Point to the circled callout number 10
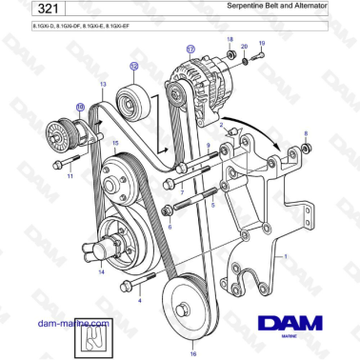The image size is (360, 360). pyautogui.click(x=80, y=108)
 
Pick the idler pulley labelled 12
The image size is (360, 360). pyautogui.click(x=130, y=97)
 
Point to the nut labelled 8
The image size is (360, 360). pyautogui.click(x=306, y=148)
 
